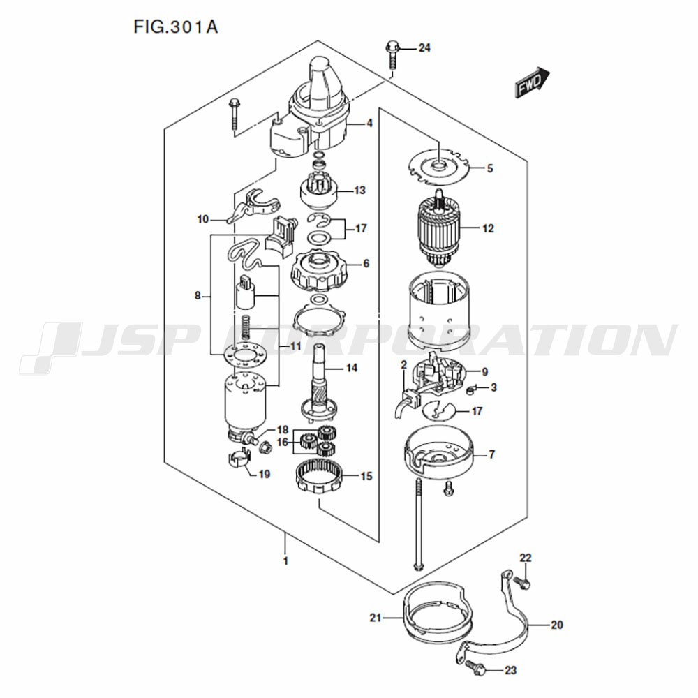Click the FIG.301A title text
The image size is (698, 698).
[x=175, y=27]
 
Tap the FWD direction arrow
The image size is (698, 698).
[x=533, y=82]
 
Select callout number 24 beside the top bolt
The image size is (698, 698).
[x=424, y=47]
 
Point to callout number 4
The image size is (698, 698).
[x=369, y=124]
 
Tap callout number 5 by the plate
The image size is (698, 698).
[x=490, y=168]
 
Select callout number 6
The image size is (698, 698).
[x=366, y=264]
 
